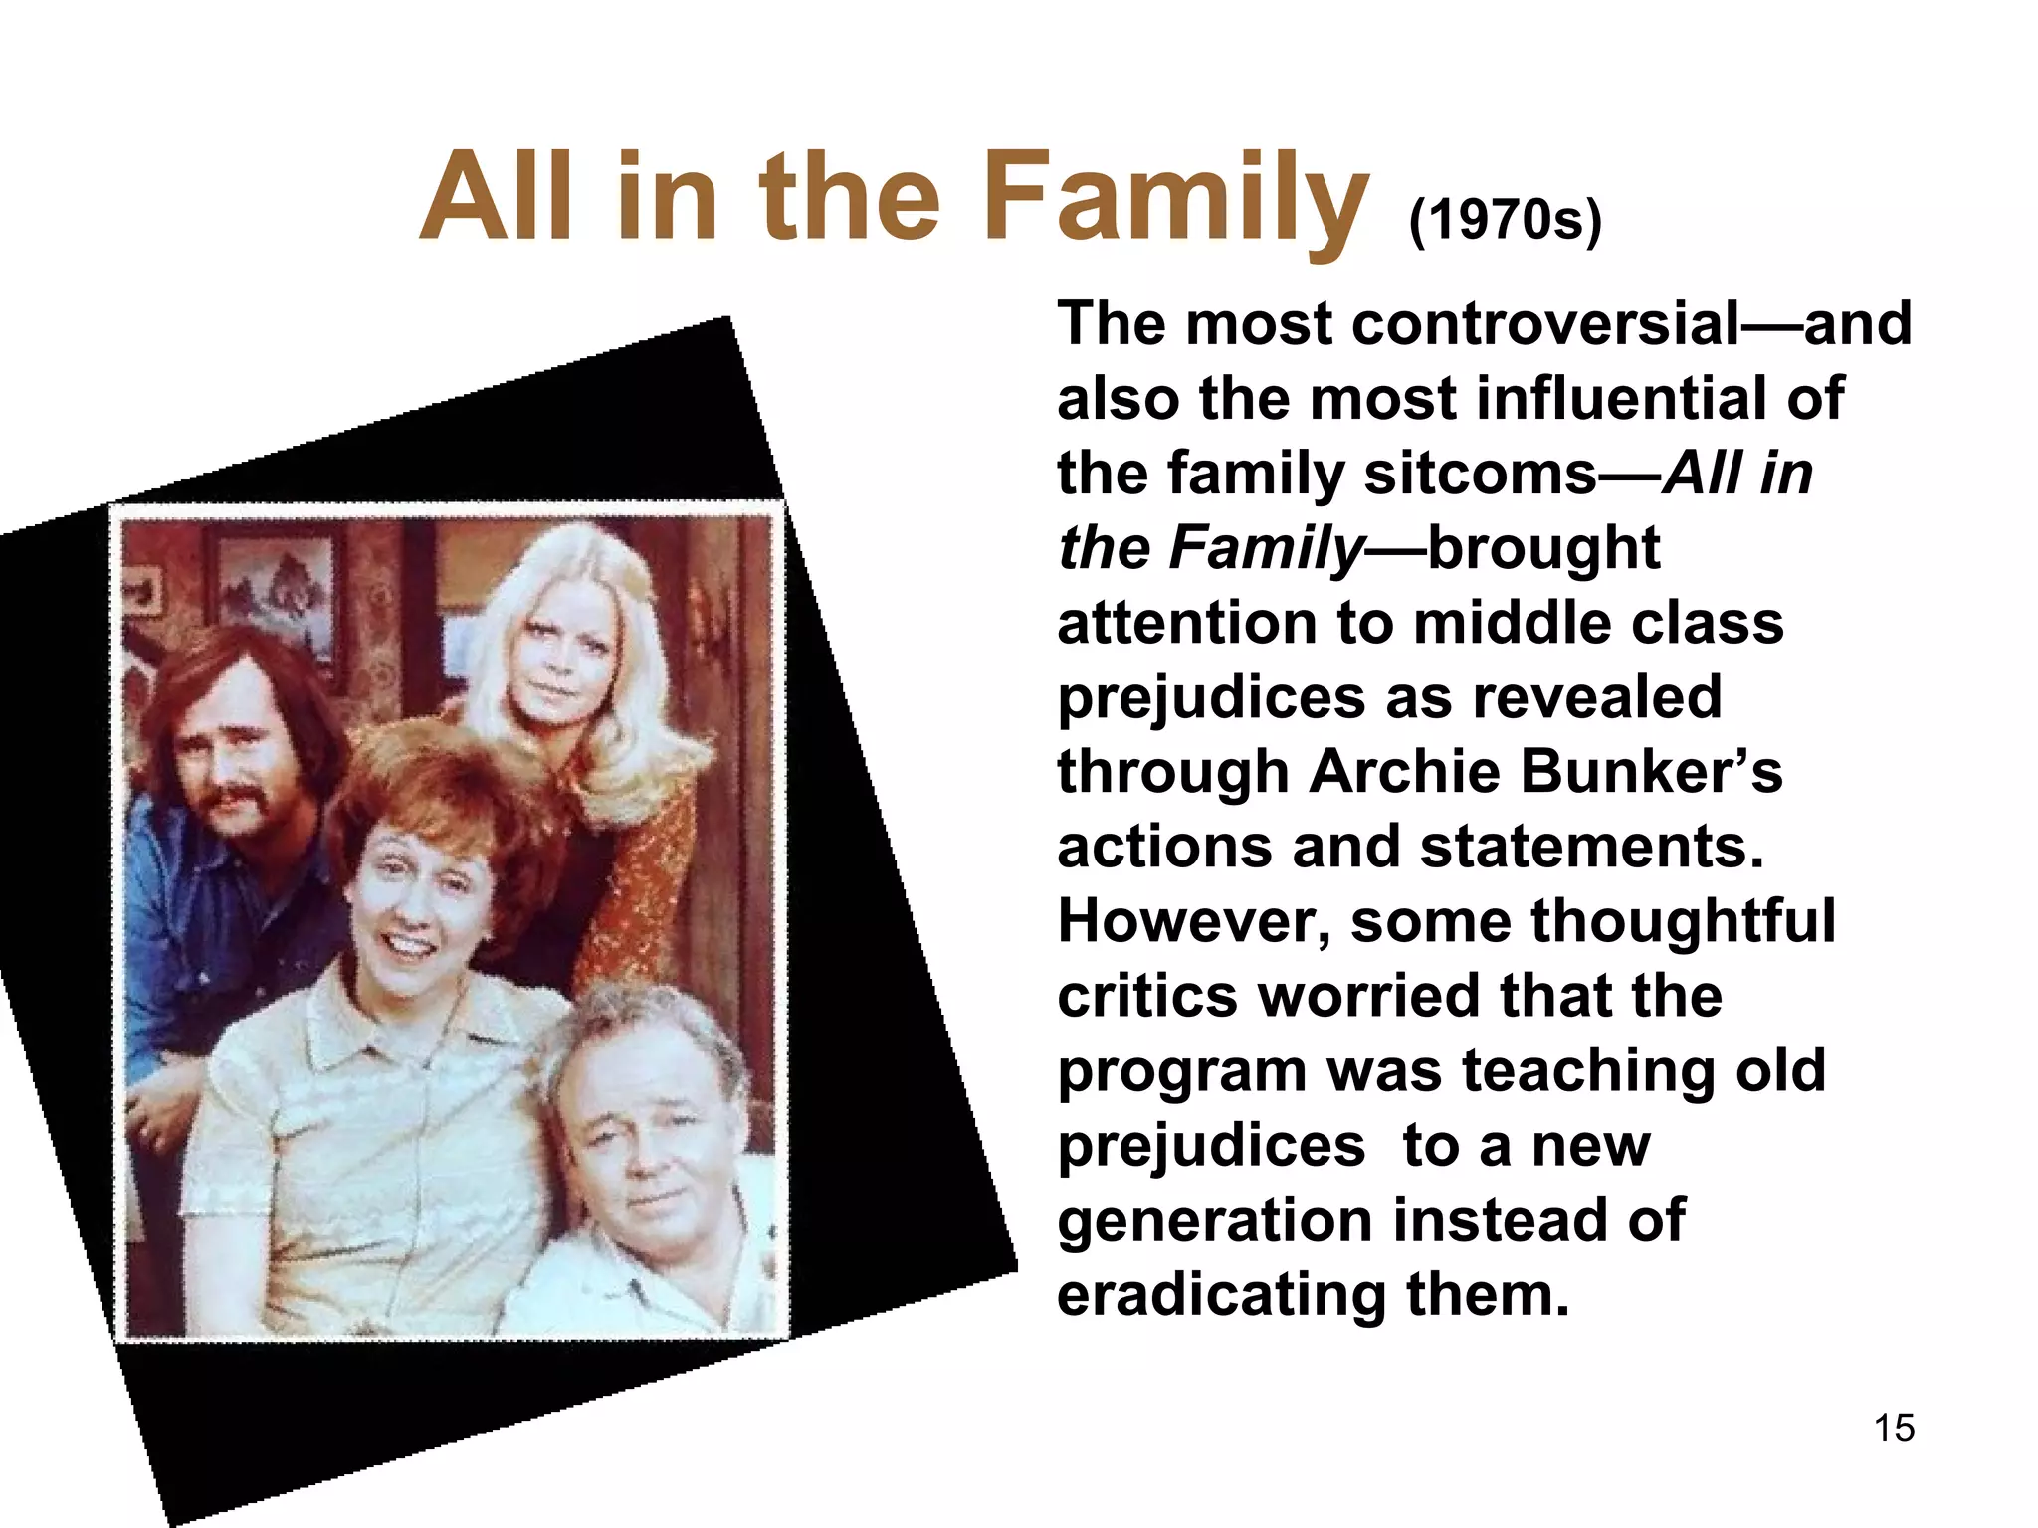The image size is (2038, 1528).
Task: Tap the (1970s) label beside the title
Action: [x=1505, y=220]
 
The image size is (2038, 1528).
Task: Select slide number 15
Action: [x=1894, y=1429]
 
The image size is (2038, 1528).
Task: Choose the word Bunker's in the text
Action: [x=1652, y=772]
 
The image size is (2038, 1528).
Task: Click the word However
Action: [x=1193, y=922]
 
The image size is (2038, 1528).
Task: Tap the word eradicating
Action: [x=1221, y=1295]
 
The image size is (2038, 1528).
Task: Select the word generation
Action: [x=1215, y=1222]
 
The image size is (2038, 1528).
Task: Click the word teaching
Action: [x=1589, y=1071]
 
